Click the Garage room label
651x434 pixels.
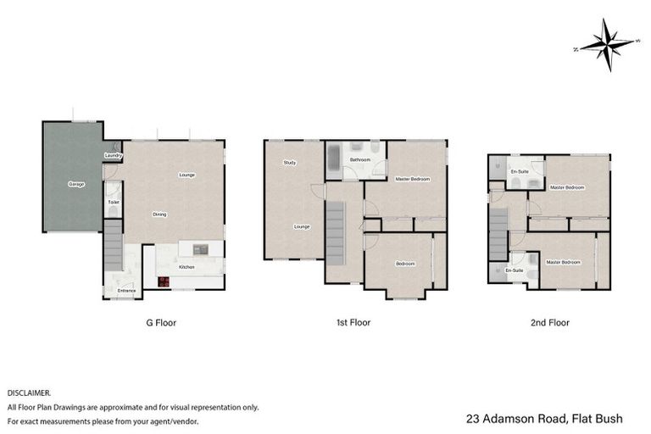click(x=76, y=184)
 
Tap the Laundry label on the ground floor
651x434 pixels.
click(x=114, y=156)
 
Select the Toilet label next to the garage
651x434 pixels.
click(x=113, y=203)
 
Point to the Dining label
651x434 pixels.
click(x=159, y=214)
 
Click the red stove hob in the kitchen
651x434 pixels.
click(x=163, y=283)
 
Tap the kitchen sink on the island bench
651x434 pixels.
click(x=201, y=249)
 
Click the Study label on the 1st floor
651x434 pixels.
click(x=289, y=162)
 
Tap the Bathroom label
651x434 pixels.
click(x=359, y=159)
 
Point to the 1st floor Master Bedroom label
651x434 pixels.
click(x=413, y=179)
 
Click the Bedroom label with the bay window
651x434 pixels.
click(x=405, y=264)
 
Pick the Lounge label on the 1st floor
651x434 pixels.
click(x=301, y=226)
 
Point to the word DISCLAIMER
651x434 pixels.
click(x=30, y=393)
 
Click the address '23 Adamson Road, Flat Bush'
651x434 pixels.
click(x=544, y=419)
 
